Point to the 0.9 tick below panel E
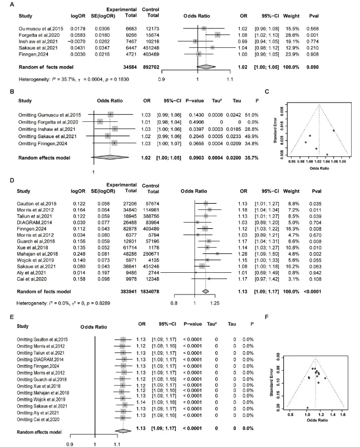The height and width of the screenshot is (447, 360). click(70, 444)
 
